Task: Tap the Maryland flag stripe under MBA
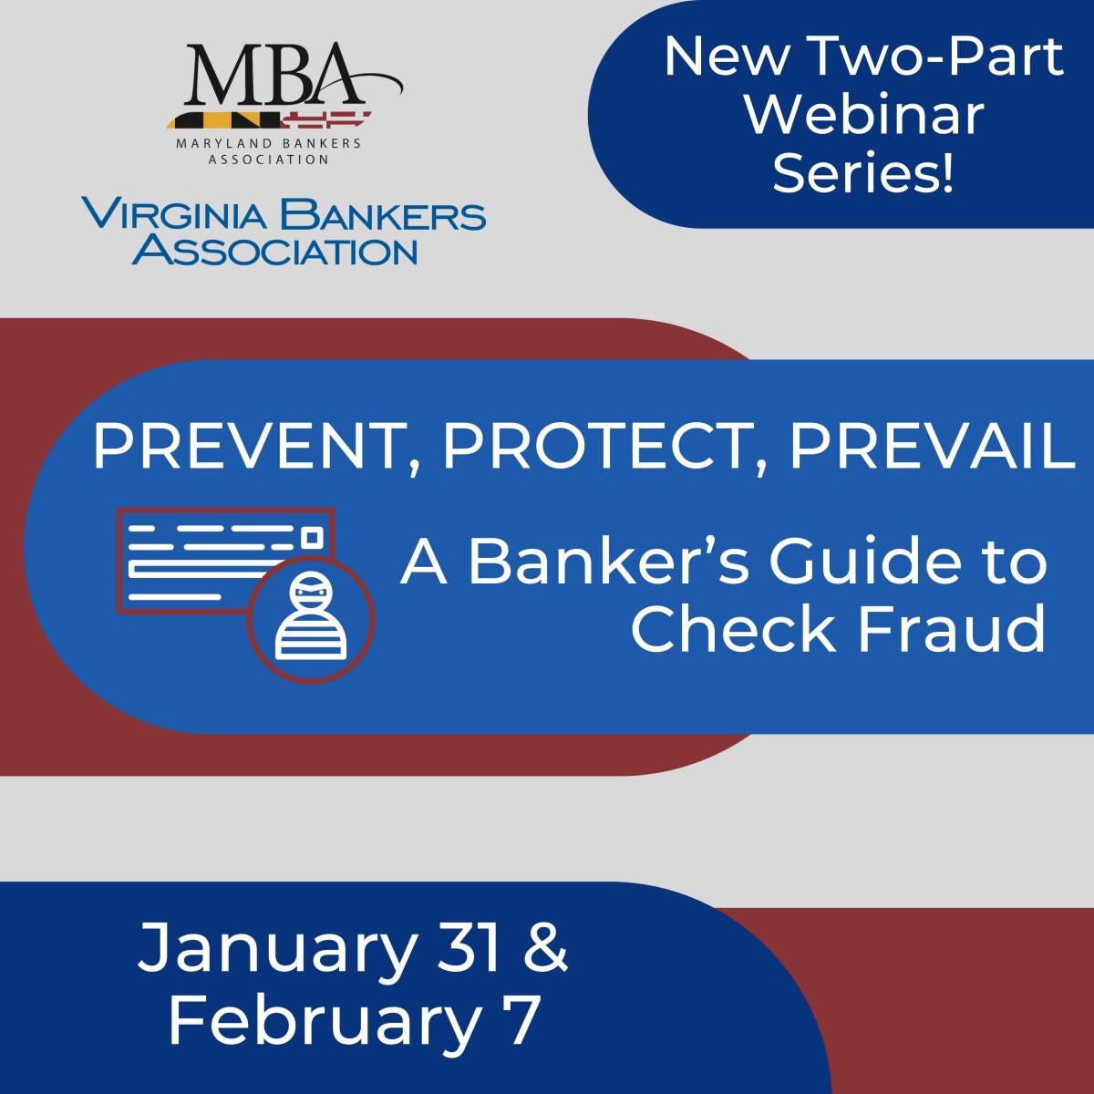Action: [x=270, y=120]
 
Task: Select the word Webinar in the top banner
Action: [x=863, y=114]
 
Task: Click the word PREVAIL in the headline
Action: [x=931, y=449]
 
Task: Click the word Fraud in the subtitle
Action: [x=950, y=630]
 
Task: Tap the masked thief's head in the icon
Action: [x=309, y=592]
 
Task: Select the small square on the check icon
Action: [x=312, y=537]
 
